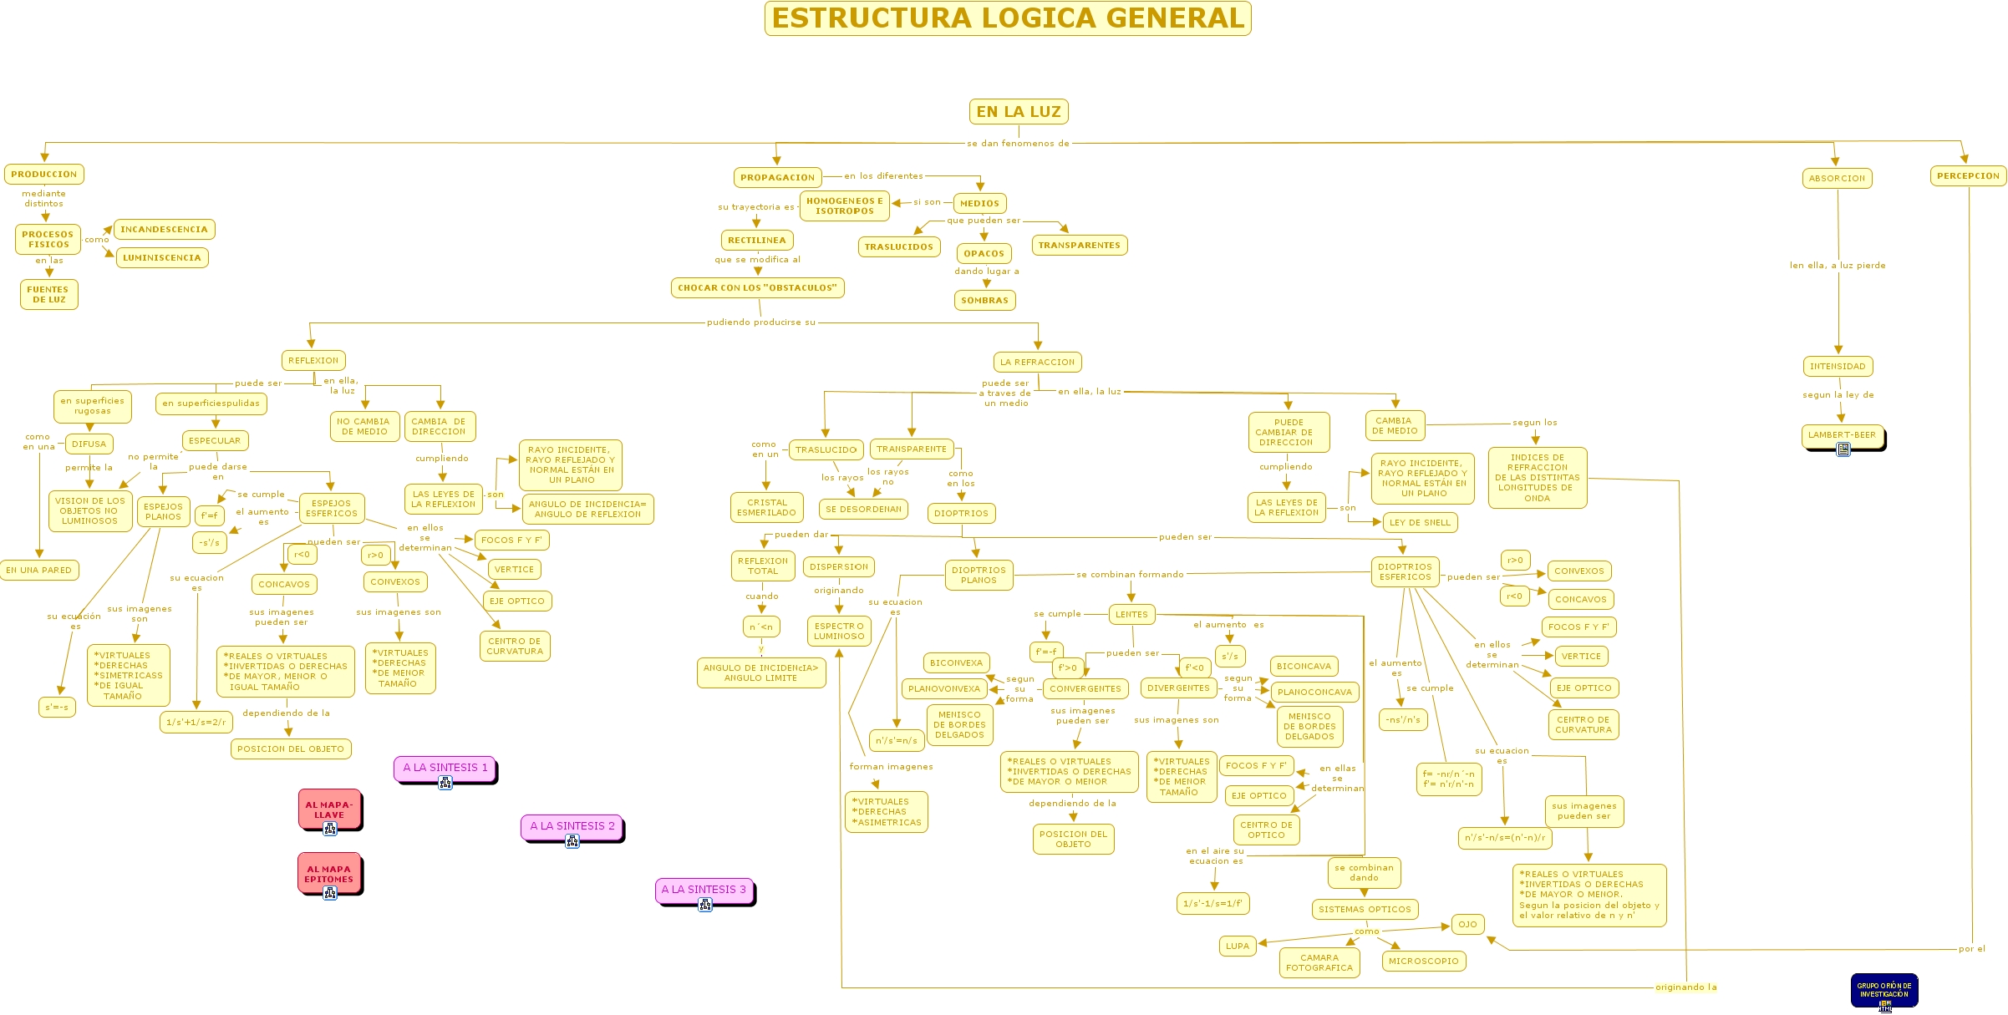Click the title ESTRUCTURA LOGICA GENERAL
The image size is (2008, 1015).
click(1008, 18)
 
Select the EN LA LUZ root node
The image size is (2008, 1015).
click(1018, 111)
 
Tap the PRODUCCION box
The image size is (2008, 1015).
click(44, 174)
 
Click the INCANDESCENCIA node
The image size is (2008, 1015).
click(164, 229)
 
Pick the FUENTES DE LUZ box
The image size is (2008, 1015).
click(48, 294)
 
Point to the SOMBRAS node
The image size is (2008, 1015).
click(984, 300)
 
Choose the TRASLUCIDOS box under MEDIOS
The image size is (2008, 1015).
click(898, 246)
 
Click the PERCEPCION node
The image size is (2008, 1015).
click(1968, 175)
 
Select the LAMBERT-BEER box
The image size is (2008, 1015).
click(1842, 435)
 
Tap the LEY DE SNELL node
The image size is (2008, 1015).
click(1420, 522)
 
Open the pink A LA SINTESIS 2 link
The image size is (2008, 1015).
click(572, 826)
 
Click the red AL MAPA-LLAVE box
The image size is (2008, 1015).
click(329, 809)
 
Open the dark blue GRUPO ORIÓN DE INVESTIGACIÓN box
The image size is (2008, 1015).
click(1883, 990)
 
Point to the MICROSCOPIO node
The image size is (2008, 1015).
click(1423, 961)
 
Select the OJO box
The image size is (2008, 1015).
click(1467, 924)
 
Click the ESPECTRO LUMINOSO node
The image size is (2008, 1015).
click(839, 631)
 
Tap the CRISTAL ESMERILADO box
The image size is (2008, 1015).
click(766, 507)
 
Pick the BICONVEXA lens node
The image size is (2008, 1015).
click(956, 662)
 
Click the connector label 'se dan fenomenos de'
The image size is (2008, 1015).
click(1018, 144)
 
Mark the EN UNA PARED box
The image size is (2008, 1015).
click(39, 570)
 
